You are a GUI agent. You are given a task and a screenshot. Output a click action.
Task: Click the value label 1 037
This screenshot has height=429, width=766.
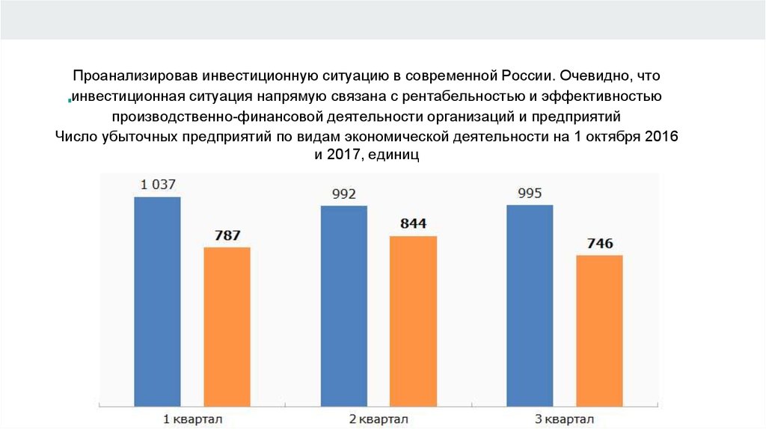tap(157, 184)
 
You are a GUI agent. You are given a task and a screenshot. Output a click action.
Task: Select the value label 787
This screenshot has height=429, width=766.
tap(227, 235)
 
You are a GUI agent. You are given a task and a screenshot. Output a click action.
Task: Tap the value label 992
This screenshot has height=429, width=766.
tap(343, 194)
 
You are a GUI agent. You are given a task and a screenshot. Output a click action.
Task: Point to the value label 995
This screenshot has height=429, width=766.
tap(530, 194)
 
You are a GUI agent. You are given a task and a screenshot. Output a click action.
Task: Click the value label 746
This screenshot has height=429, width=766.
tap(599, 244)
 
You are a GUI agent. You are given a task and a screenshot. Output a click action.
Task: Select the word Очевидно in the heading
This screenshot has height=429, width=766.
tap(597, 76)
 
